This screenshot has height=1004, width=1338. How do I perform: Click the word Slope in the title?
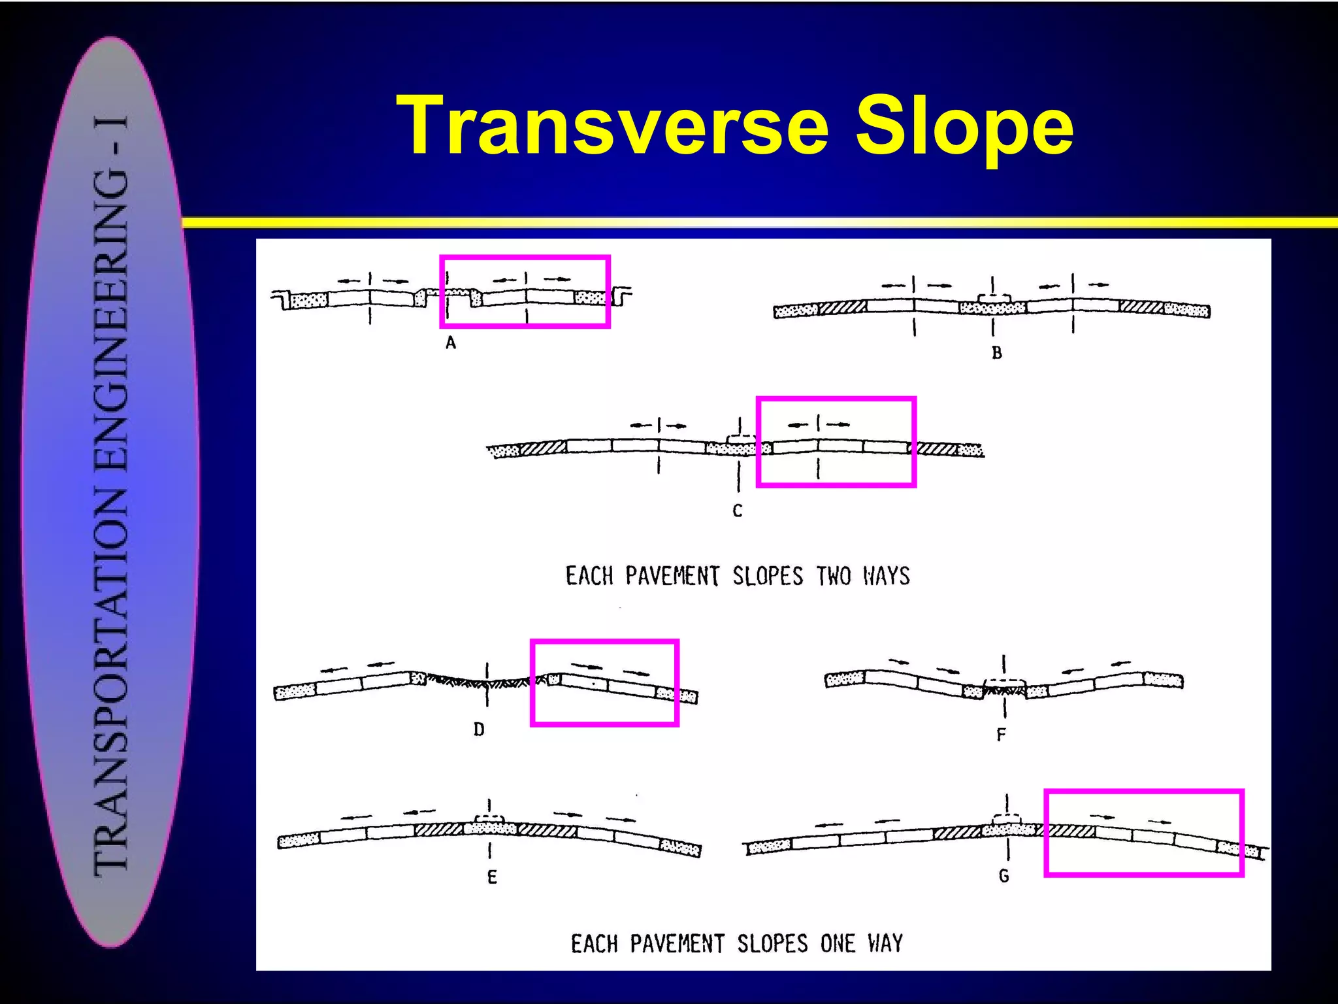click(964, 125)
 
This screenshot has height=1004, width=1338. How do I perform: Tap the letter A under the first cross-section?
click(451, 343)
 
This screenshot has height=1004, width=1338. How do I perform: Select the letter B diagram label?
click(997, 353)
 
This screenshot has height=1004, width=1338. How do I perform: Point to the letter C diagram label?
click(738, 510)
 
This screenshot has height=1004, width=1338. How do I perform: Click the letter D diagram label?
click(479, 729)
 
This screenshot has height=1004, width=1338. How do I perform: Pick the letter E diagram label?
click(492, 877)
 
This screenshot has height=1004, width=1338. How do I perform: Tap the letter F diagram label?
click(1001, 735)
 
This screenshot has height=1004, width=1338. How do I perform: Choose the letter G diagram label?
click(1004, 876)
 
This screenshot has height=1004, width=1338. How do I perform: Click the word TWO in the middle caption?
click(834, 576)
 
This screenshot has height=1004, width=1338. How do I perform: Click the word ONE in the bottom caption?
click(838, 944)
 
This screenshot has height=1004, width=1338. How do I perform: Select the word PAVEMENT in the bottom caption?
click(677, 944)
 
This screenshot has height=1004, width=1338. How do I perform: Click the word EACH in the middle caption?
click(589, 576)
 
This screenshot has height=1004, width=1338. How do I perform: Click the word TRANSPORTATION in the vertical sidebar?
click(112, 680)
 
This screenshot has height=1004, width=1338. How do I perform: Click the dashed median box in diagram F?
click(1004, 684)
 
